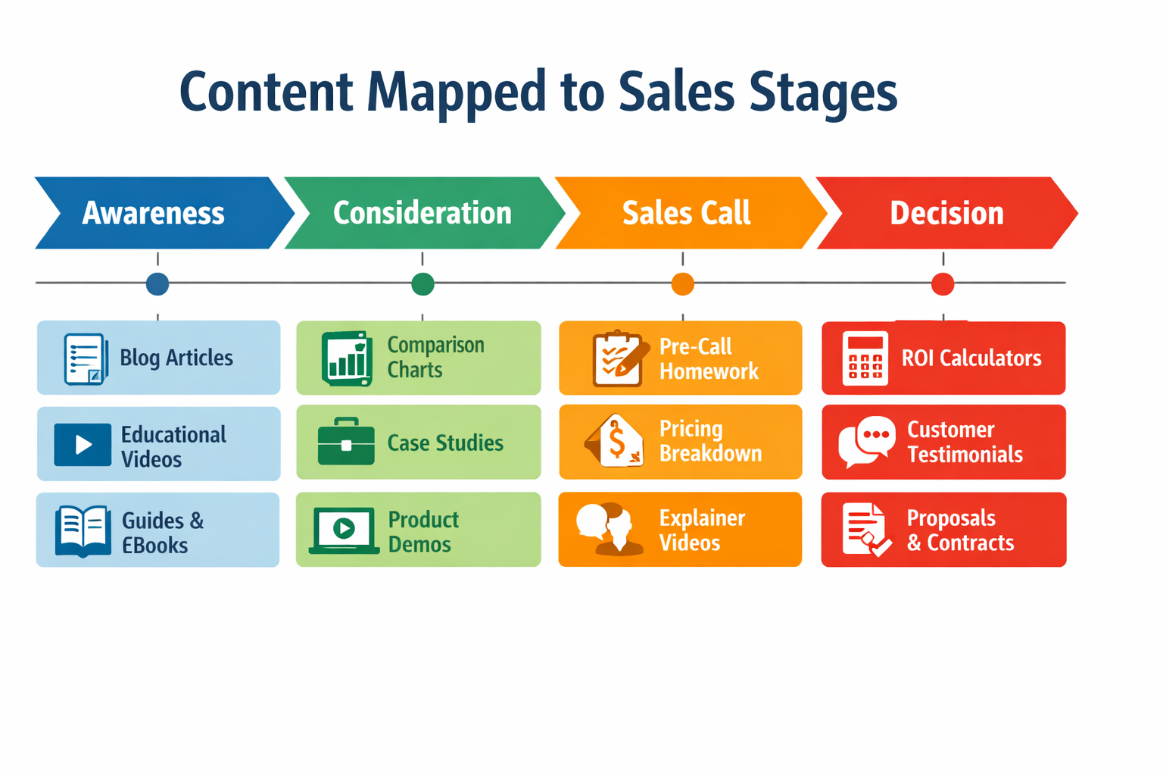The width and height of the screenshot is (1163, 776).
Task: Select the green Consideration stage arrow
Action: [x=422, y=213]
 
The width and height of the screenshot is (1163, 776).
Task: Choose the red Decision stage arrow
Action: [x=946, y=213]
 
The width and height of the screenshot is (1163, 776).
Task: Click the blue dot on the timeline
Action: [x=157, y=284]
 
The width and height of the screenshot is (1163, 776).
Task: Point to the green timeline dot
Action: [x=422, y=284]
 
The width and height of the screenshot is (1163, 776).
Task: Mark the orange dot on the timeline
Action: [x=683, y=284]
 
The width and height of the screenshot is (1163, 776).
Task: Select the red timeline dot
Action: [x=943, y=284]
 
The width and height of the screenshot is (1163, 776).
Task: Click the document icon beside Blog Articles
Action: [x=84, y=358]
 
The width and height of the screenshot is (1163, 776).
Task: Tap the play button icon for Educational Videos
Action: [x=83, y=444]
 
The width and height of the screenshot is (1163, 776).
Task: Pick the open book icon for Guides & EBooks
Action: [x=83, y=530]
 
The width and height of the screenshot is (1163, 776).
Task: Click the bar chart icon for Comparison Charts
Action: [x=347, y=358]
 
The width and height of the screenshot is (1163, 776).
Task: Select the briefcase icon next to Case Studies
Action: [x=346, y=443]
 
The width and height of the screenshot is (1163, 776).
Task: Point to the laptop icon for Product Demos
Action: [x=344, y=530]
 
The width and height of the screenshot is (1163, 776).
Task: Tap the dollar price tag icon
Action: [x=616, y=442]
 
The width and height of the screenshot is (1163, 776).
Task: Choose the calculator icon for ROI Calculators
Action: [x=865, y=358]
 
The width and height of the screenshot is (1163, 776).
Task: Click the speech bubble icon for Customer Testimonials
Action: [x=866, y=441]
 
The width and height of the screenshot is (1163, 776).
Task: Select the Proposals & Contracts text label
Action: [x=960, y=530]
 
